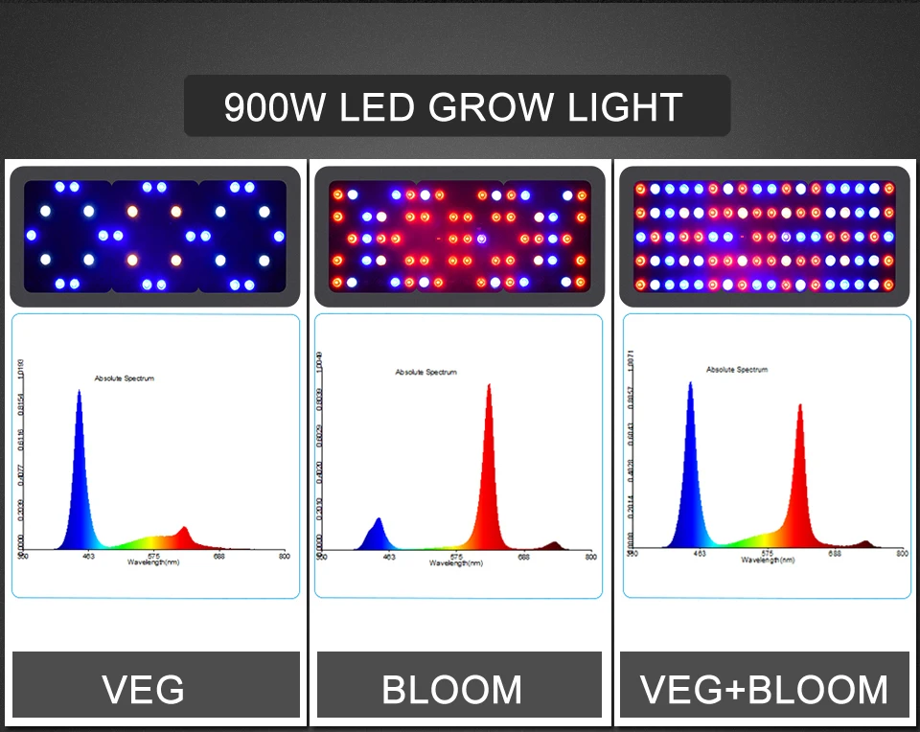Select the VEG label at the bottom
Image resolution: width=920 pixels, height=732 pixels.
144,689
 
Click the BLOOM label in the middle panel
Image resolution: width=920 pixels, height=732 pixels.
452,689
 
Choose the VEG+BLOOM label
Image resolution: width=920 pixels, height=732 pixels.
764,689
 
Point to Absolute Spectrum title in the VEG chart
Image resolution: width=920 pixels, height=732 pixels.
124,378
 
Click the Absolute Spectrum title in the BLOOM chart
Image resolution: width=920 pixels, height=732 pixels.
426,372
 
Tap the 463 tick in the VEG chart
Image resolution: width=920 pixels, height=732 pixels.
88,556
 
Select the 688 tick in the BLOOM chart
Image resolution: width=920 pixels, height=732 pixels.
523,556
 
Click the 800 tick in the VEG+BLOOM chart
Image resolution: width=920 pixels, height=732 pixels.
902,553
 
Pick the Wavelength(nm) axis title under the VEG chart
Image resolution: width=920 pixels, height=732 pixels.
153,562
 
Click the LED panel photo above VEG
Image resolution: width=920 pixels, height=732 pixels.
154,236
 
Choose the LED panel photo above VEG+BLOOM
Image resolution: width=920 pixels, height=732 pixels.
764,236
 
